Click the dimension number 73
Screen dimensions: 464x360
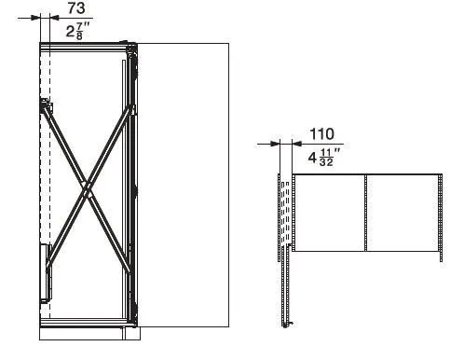pos(76,7)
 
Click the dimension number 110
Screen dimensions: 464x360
pos(322,134)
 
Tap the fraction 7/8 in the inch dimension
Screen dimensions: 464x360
pos(79,32)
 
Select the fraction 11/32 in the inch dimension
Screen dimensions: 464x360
pos(326,158)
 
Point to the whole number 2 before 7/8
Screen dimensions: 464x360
pos(70,32)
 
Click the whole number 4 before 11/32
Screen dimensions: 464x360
pos(312,158)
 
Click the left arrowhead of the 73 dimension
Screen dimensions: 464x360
pos(35,18)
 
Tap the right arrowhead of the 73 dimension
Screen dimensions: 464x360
pos(54,18)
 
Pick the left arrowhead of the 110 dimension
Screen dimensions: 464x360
pos(275,144)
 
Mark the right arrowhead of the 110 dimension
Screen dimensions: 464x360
pos(297,144)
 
